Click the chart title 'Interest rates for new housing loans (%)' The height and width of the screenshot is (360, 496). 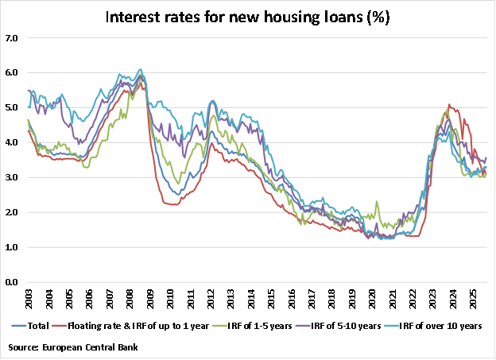248,17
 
